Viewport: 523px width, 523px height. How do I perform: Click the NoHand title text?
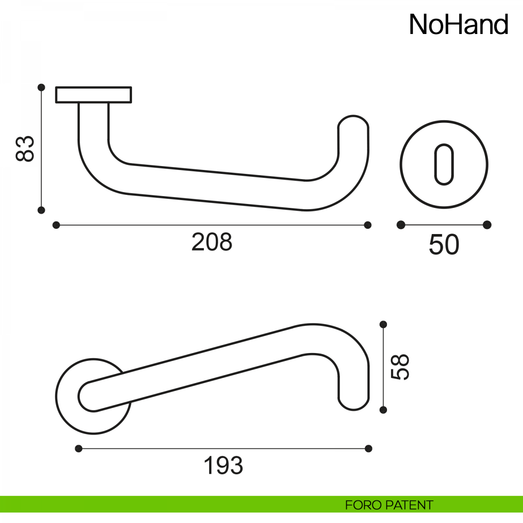(458, 25)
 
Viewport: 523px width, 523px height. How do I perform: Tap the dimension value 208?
(212, 242)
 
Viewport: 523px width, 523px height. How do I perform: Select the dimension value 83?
(25, 149)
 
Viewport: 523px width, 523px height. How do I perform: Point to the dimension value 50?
(444, 245)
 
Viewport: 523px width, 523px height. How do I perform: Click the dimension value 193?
(223, 465)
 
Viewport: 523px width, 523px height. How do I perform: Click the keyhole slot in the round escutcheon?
(444, 164)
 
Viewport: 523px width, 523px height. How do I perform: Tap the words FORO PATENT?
(389, 505)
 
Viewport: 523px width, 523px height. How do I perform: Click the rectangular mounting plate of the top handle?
(94, 95)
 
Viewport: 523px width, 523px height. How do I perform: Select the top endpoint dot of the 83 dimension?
(41, 88)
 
